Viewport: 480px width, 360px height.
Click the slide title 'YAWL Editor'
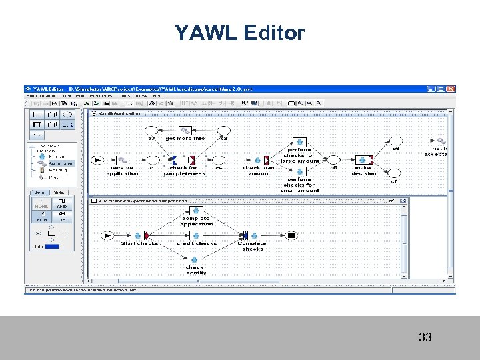click(240, 33)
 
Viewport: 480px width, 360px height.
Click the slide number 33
click(425, 337)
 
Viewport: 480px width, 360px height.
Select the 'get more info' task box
click(185, 129)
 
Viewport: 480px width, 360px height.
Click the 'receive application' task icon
click(123, 160)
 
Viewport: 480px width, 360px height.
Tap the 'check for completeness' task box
click(183, 160)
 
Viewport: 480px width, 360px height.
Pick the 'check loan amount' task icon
click(257, 160)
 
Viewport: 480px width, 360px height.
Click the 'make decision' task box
click(364, 160)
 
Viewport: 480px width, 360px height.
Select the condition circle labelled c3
click(152, 129)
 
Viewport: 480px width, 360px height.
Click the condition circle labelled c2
click(224, 129)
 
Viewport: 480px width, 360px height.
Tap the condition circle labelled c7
click(394, 172)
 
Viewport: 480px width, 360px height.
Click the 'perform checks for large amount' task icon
click(299, 142)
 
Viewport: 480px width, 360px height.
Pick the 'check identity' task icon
click(194, 259)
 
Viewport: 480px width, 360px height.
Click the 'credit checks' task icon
click(194, 235)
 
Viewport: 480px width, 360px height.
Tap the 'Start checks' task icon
click(139, 235)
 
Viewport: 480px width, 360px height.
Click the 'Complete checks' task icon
click(252, 235)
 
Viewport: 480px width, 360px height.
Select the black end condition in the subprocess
click(291, 235)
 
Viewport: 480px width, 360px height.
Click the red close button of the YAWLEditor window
click(451, 89)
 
